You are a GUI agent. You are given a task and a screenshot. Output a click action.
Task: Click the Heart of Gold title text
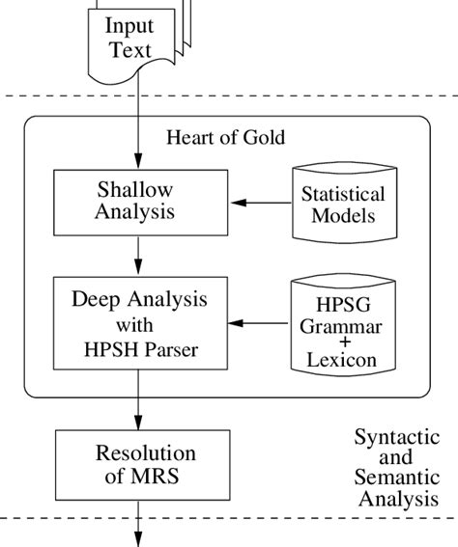(x=226, y=137)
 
